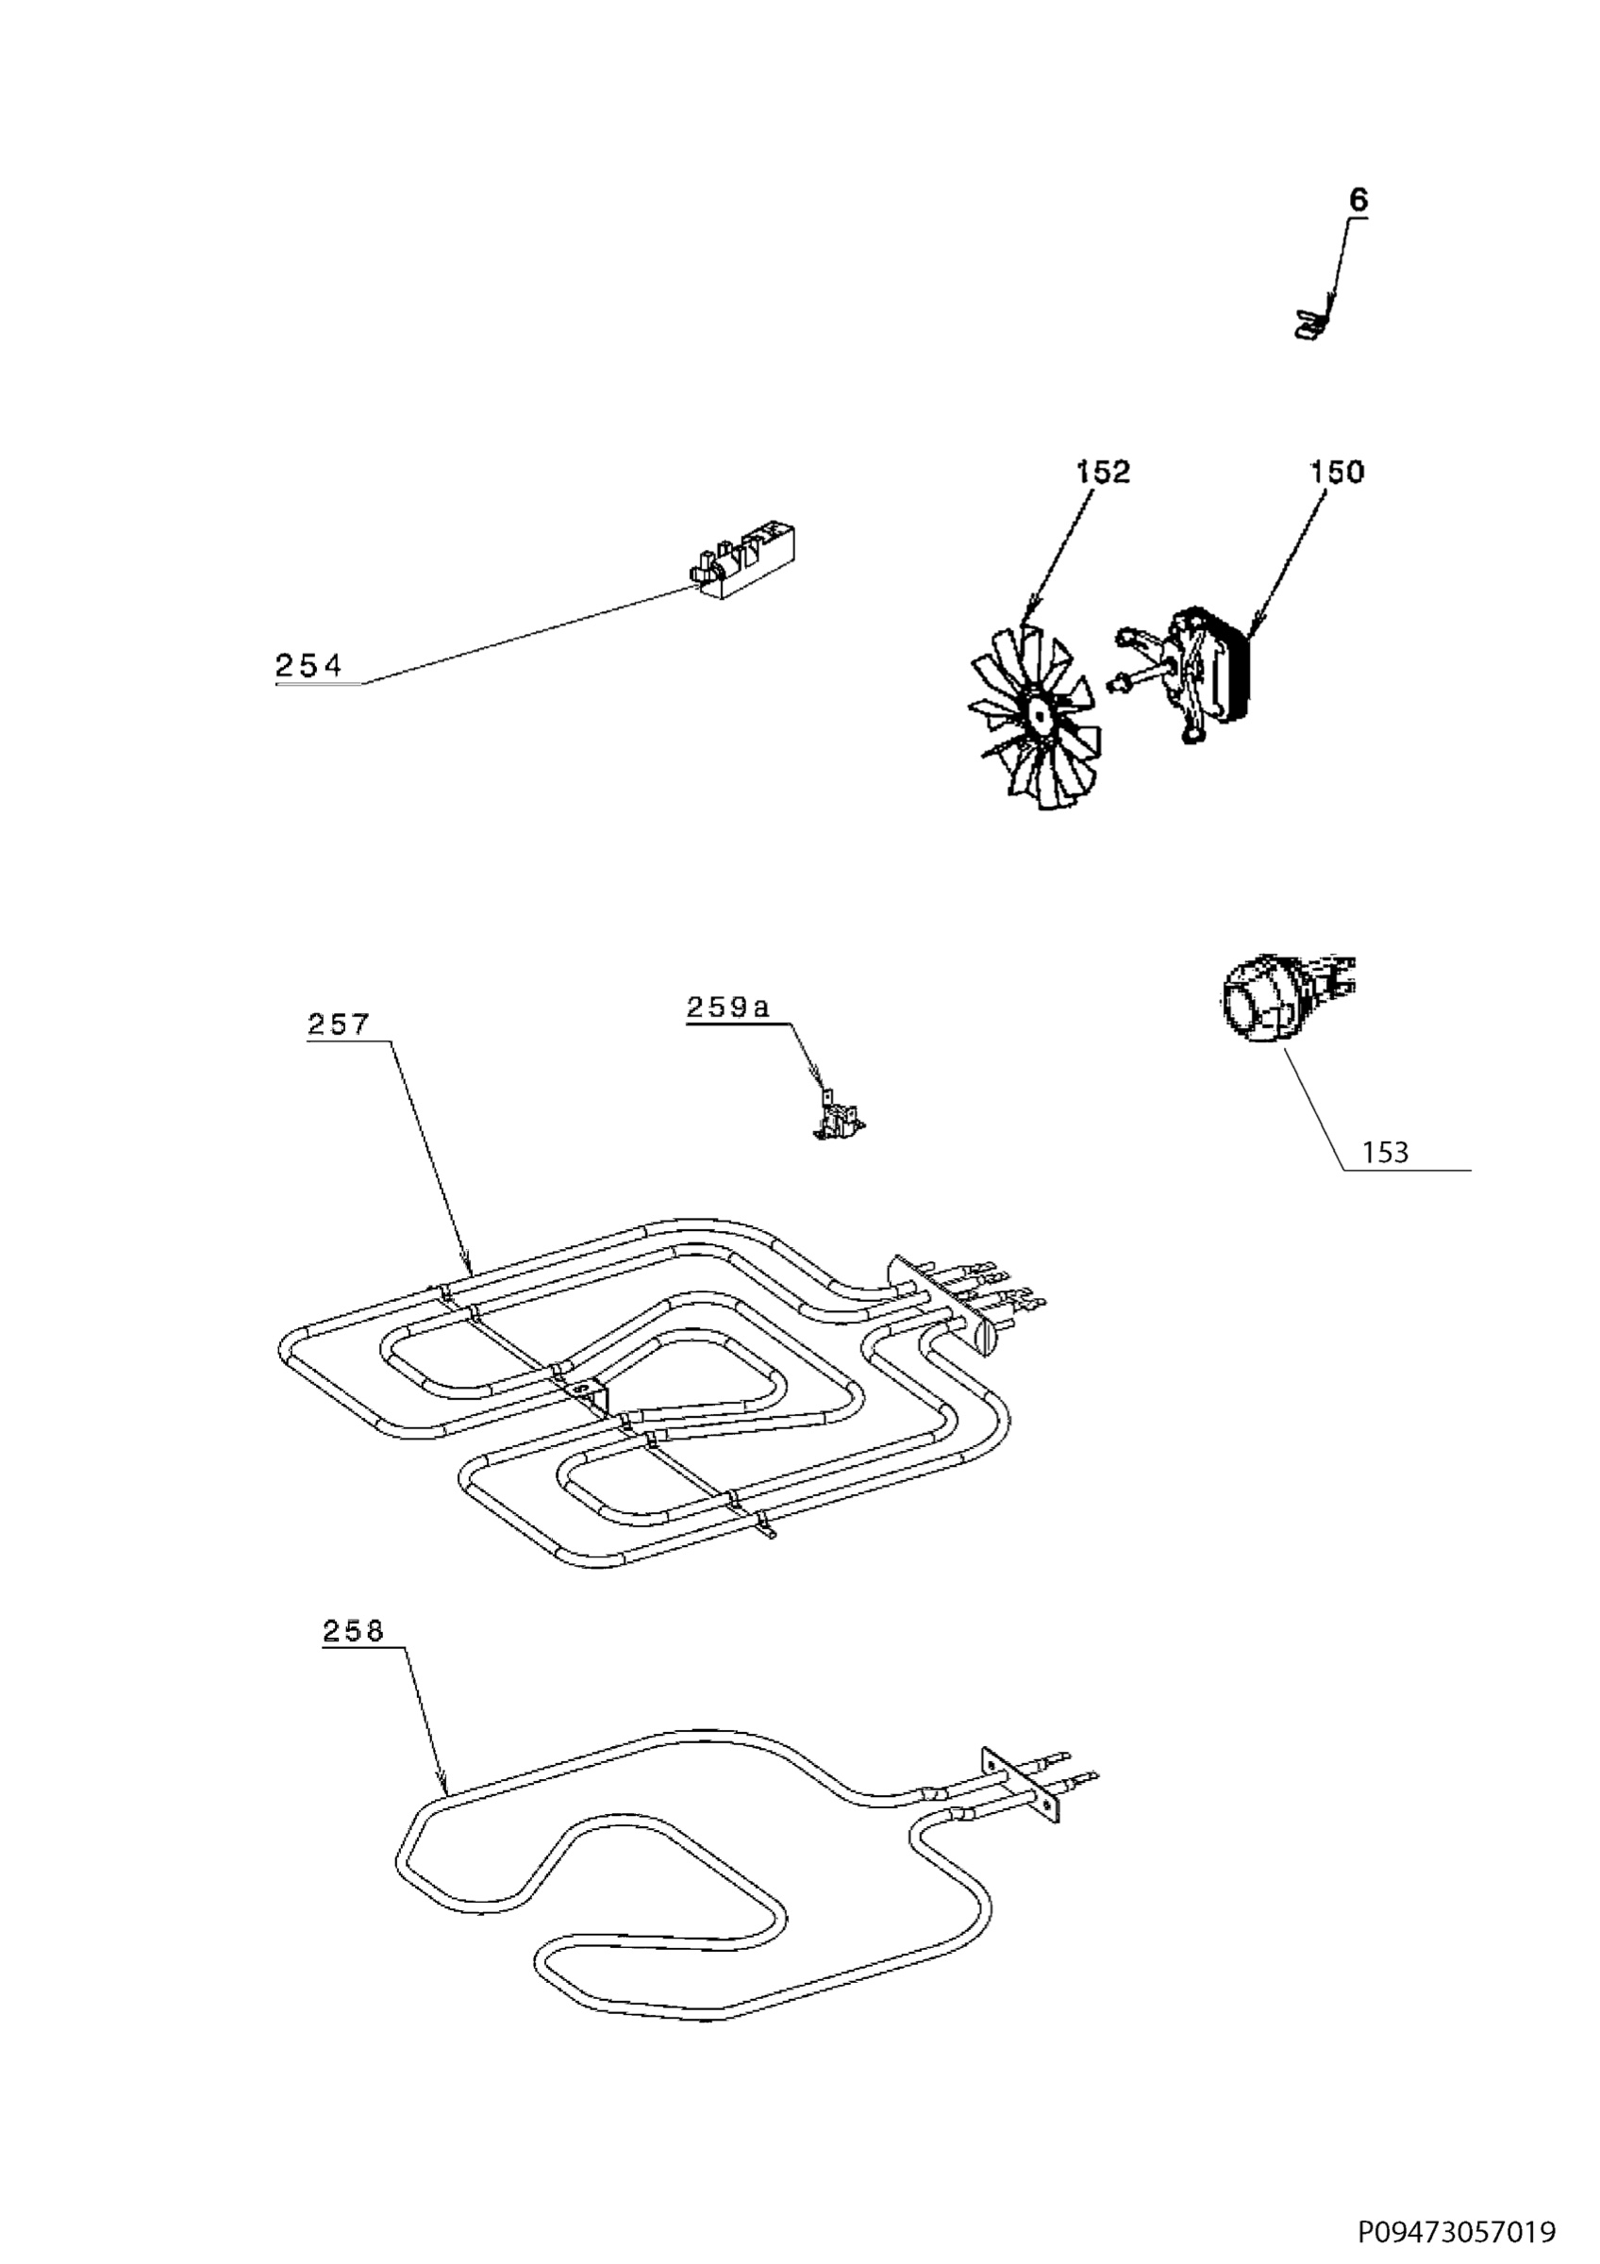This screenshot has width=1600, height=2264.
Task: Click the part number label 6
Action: coord(1358,200)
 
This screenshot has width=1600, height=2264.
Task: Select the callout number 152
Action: coord(1102,473)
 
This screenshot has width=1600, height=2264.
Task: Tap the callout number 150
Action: coord(1336,473)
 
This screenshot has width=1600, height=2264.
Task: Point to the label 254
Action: coord(308,667)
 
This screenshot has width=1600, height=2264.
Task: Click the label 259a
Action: coord(727,1007)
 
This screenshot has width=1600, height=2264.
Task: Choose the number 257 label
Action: coord(338,1024)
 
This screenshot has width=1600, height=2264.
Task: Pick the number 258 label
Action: coord(353,1632)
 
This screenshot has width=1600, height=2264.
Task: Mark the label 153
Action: coord(1385,1153)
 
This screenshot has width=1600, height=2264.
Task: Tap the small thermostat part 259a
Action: coord(837,1120)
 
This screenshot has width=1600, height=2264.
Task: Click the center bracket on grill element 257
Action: coord(590,1392)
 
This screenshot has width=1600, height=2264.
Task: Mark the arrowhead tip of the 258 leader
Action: coord(445,1792)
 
